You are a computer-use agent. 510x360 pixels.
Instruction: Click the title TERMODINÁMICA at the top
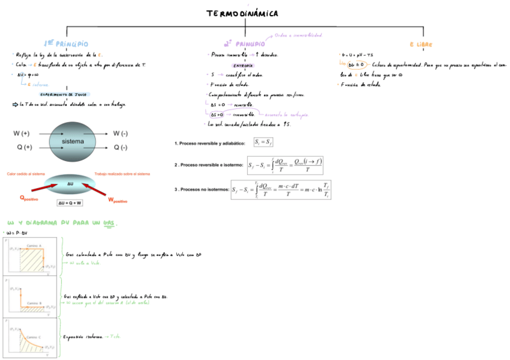pyautogui.click(x=242, y=13)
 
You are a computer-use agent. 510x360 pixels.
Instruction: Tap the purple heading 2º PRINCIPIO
pyautogui.click(x=244, y=44)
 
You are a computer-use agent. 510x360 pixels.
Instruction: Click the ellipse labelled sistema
pyautogui.click(x=72, y=141)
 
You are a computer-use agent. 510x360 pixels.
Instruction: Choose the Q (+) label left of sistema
pyautogui.click(x=22, y=147)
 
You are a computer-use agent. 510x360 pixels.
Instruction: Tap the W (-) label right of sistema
pyautogui.click(x=120, y=133)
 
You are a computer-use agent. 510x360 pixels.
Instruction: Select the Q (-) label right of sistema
pyautogui.click(x=120, y=147)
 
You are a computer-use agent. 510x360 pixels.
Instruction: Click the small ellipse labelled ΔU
pyautogui.click(x=70, y=184)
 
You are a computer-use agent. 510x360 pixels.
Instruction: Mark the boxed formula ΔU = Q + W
pyautogui.click(x=70, y=203)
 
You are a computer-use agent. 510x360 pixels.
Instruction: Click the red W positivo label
pyautogui.click(x=118, y=200)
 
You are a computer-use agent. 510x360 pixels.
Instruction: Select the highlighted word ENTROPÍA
pyautogui.click(x=242, y=65)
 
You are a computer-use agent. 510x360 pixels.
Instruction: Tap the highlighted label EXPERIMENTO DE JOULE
pyautogui.click(x=64, y=94)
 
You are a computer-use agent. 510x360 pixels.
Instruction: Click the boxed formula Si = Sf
pyautogui.click(x=263, y=142)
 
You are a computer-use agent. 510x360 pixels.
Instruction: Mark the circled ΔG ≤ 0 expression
pyautogui.click(x=356, y=64)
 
